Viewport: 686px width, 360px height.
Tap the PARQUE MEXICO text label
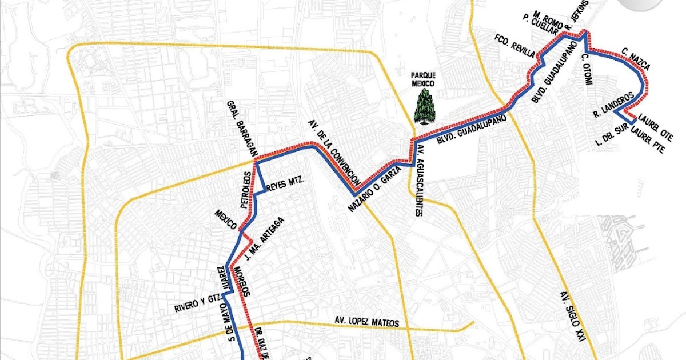point(424,79)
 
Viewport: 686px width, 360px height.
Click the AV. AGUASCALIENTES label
point(420,181)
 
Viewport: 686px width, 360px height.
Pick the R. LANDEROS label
point(614,103)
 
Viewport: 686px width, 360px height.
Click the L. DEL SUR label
point(609,135)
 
